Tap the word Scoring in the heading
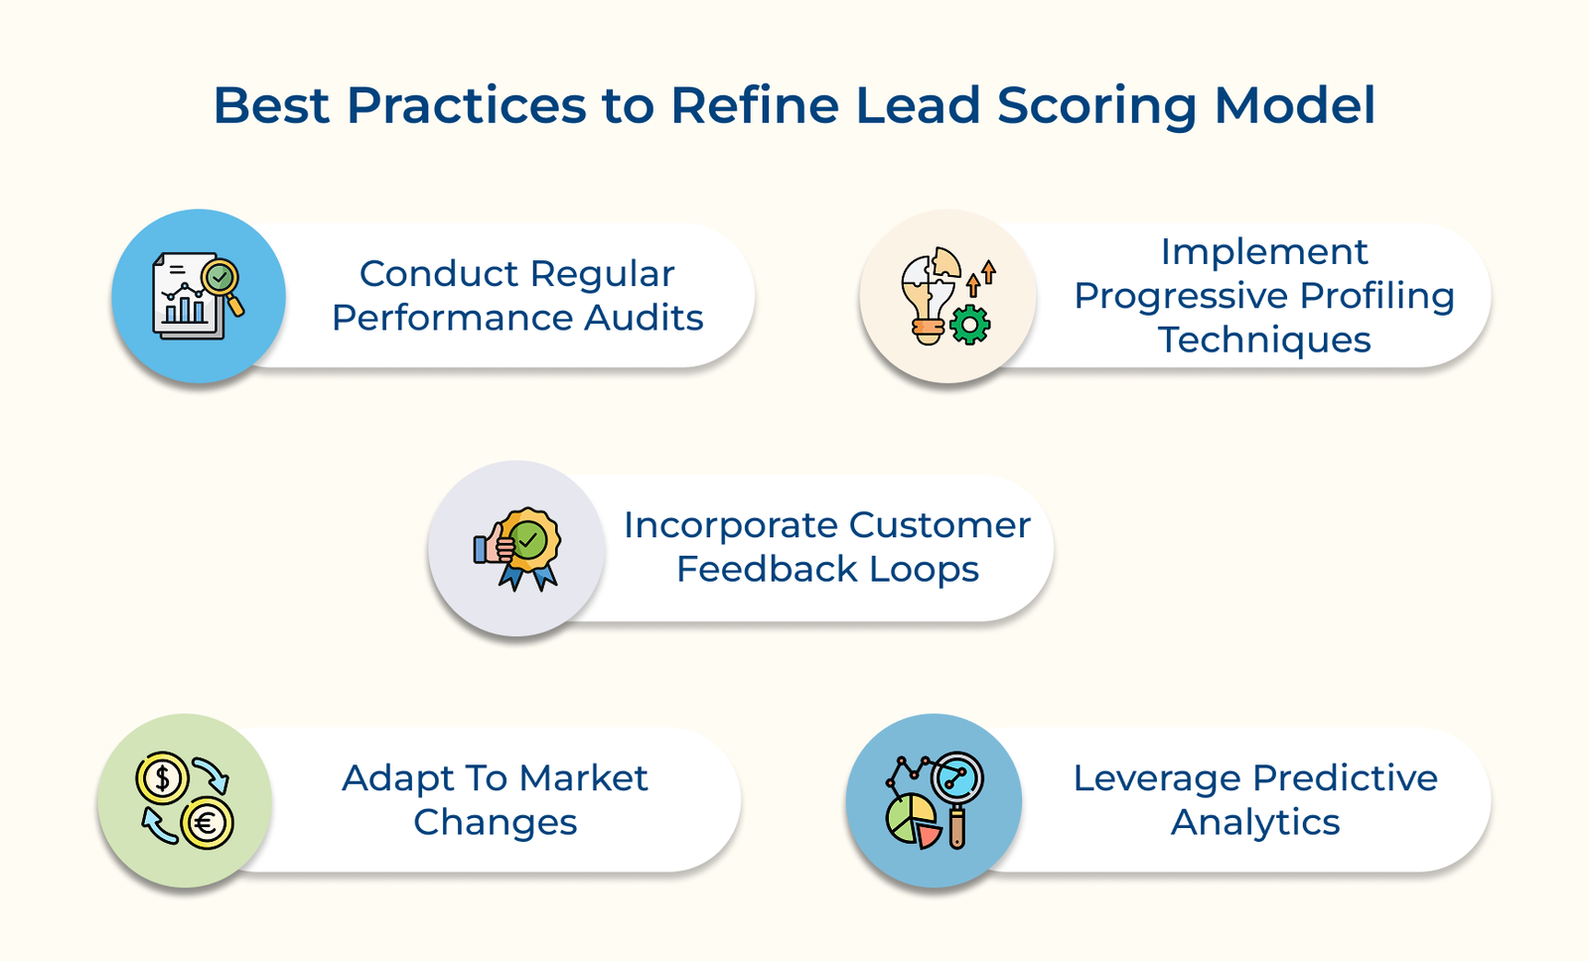(1096, 107)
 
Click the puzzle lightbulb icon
(929, 294)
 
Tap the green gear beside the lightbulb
(970, 325)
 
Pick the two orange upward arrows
(981, 277)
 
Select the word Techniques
(1264, 340)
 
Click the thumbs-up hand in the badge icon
(493, 544)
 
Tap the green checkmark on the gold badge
(529, 541)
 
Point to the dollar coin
(163, 778)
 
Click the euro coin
(207, 823)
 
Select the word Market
(583, 778)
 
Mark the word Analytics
(1255, 822)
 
